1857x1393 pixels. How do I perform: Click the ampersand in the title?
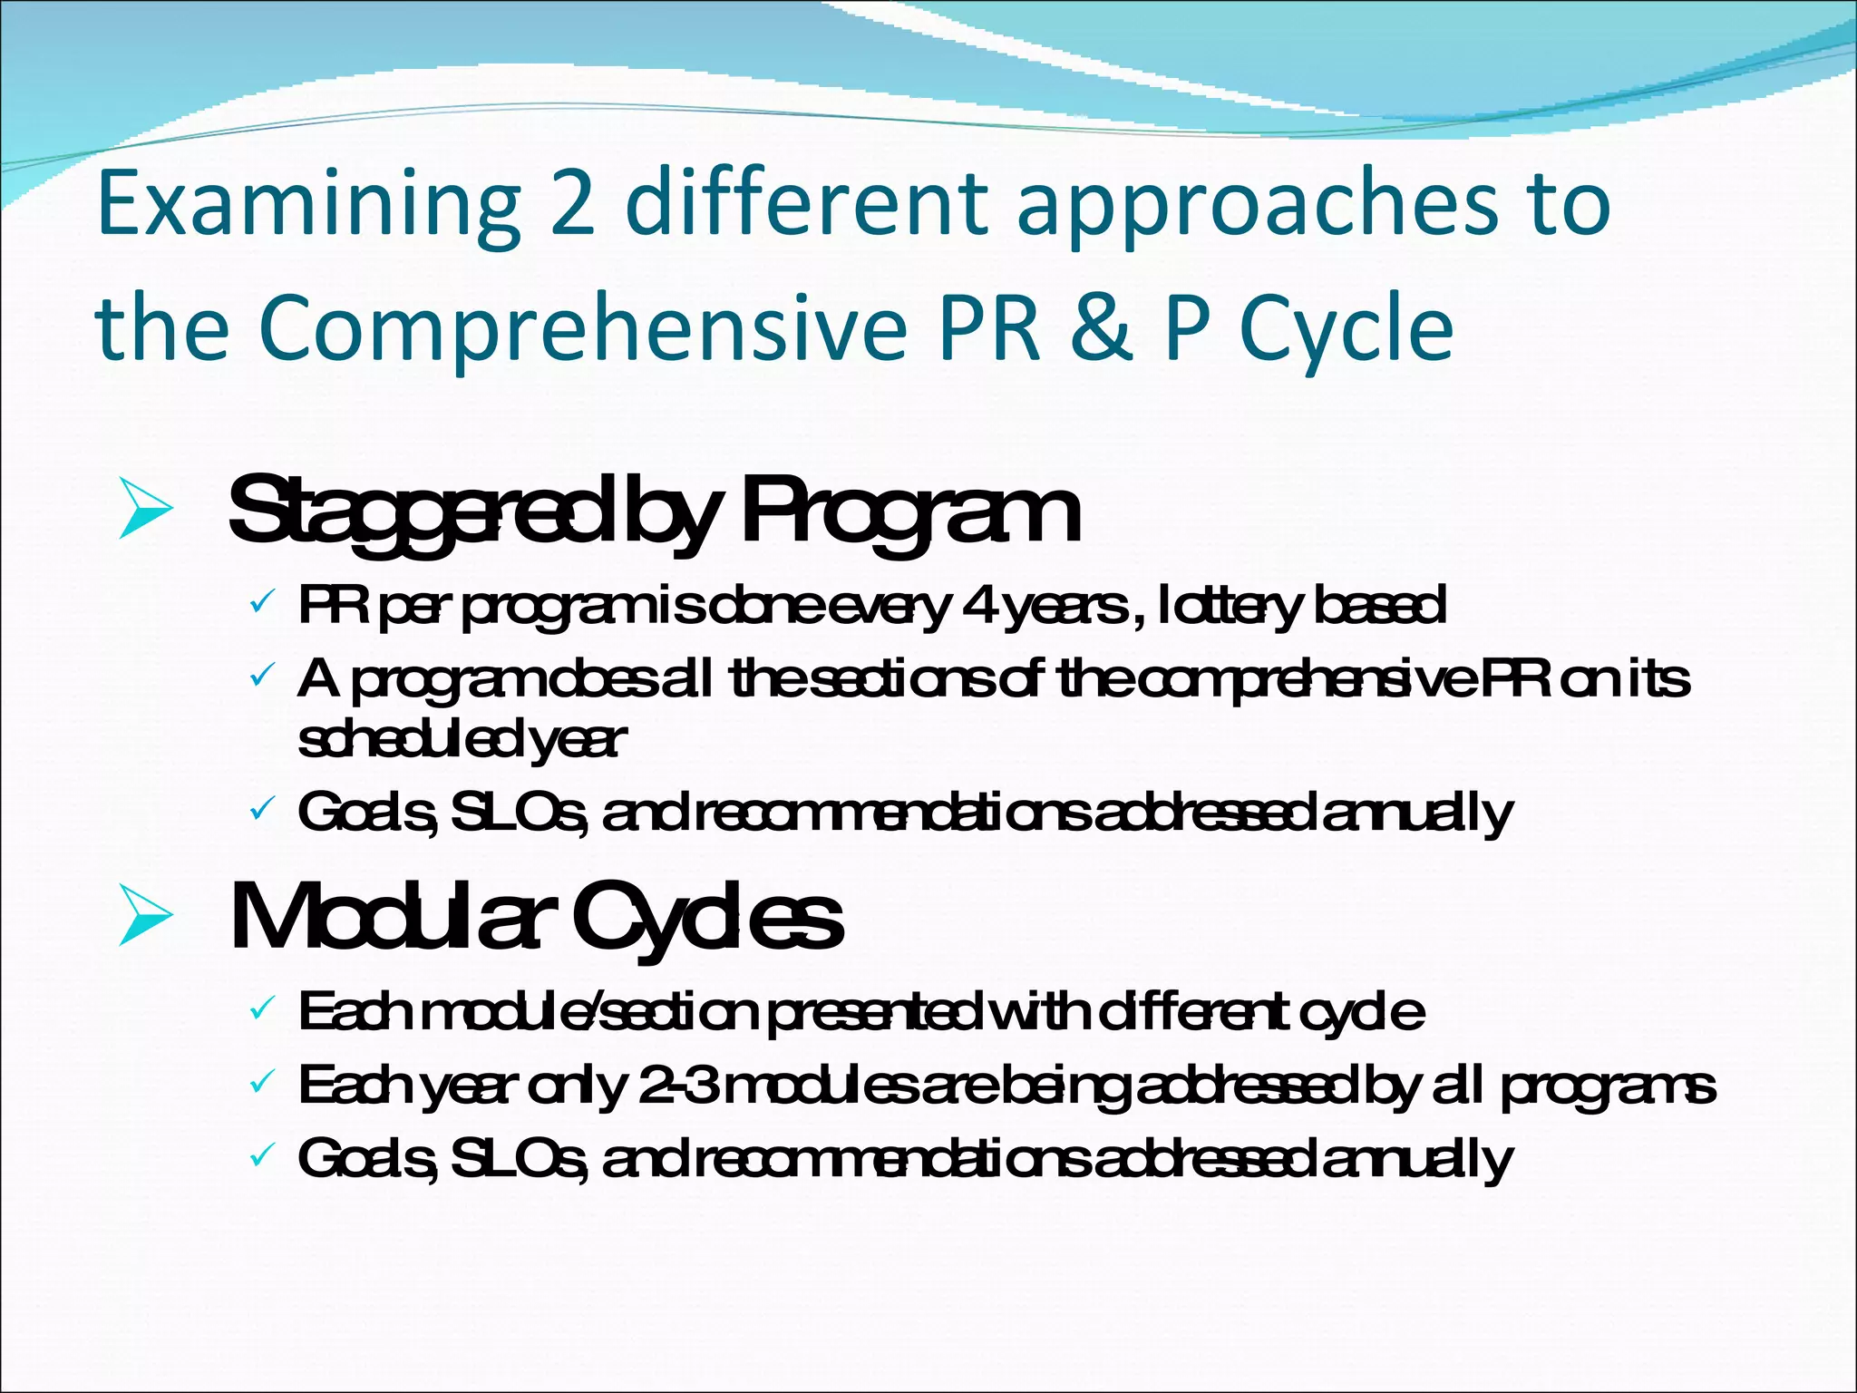click(x=1101, y=326)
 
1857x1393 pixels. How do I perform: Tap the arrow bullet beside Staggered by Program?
click(x=145, y=512)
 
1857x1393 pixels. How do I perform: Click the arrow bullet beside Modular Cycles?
click(x=145, y=919)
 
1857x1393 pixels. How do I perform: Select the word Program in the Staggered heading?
click(x=910, y=512)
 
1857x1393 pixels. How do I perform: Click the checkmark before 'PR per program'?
click(x=260, y=602)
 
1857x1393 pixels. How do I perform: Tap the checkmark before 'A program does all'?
click(x=260, y=676)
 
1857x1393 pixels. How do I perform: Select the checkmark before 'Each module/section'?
click(x=260, y=1008)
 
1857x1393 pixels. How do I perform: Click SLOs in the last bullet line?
click(x=519, y=1159)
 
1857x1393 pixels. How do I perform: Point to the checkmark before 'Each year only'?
click(x=260, y=1082)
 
